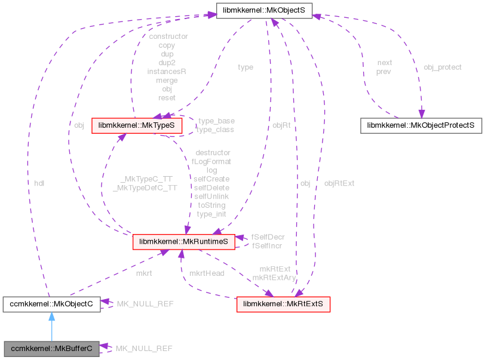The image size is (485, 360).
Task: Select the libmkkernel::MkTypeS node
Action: point(136,125)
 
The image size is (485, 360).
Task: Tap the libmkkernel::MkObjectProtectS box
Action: point(421,125)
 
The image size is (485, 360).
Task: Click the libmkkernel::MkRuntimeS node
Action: point(183,242)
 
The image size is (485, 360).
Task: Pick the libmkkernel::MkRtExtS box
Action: point(283,304)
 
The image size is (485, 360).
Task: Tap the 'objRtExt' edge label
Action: point(339,183)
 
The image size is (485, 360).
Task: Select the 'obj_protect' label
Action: point(443,67)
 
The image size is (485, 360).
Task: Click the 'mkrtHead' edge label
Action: point(207,273)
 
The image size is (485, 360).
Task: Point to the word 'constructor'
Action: point(168,36)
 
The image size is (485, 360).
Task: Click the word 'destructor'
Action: point(213,153)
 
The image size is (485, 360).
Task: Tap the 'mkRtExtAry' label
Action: point(274,278)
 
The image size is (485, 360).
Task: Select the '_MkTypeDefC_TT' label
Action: point(145,187)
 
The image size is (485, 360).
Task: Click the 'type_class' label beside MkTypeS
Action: point(216,130)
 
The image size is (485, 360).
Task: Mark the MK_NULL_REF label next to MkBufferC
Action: point(144,347)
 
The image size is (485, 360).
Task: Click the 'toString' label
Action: point(211,205)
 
